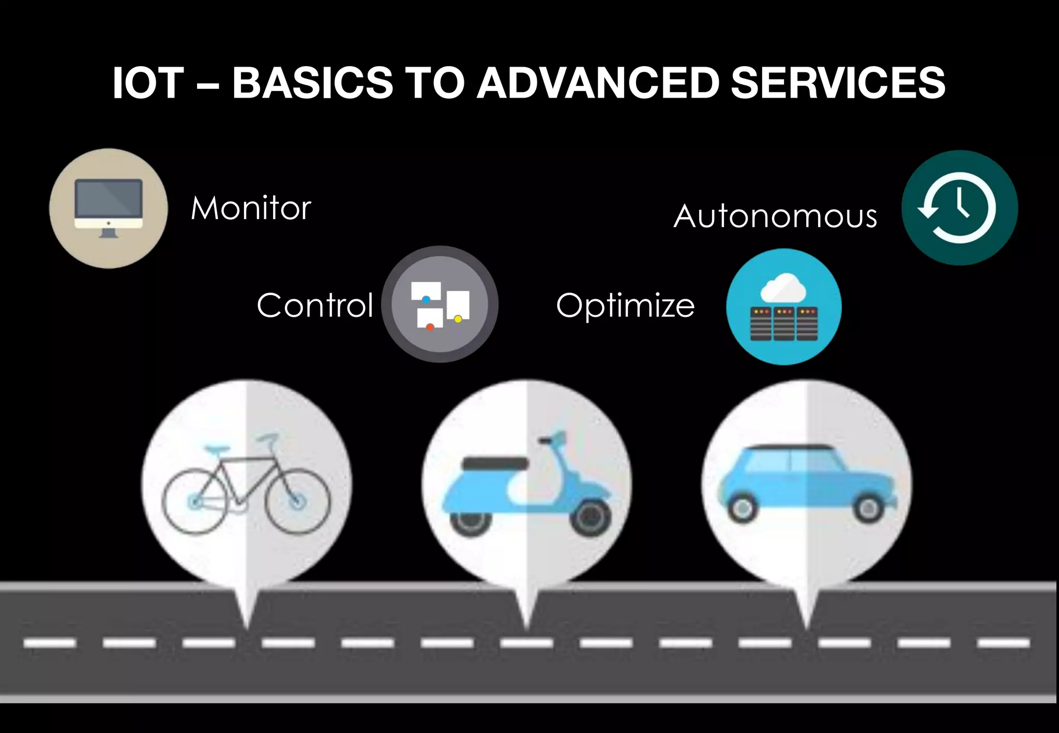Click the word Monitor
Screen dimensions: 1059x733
251,208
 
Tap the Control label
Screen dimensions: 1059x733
314,305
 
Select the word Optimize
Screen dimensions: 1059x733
625,305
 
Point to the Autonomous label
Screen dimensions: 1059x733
775,216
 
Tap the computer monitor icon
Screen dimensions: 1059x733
108,207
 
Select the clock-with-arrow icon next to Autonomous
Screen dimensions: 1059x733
959,208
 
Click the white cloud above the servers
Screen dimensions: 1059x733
783,288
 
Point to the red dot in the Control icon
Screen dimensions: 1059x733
430,327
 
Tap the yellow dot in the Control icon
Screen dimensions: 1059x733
458,319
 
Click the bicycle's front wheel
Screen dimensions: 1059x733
297,501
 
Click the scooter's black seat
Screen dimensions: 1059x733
495,463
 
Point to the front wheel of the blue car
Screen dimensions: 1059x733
869,509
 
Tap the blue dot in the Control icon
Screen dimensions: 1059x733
426,299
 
